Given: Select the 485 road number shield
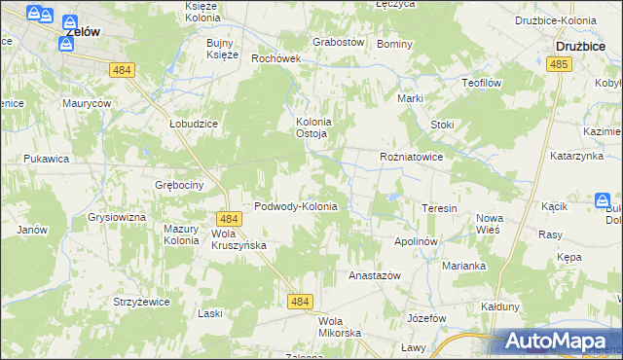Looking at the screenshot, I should point(558,63).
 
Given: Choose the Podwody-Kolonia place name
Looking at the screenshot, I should point(295,206).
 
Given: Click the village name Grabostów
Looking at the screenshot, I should point(338,43).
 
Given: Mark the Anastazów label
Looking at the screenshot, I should point(375,275).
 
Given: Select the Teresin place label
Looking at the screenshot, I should point(438,208).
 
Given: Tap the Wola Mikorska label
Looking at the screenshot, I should point(340,327).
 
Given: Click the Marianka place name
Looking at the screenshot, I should point(463,265).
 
